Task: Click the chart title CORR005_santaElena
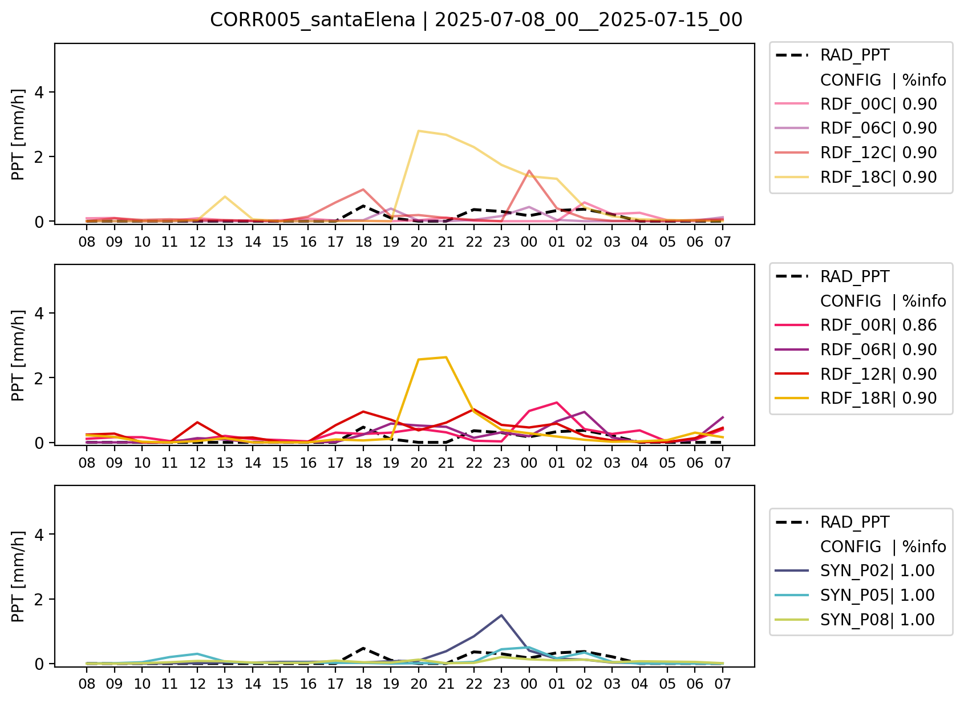point(313,20)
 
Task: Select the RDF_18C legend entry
point(856,177)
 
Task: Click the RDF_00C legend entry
point(856,104)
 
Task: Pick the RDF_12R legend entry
point(856,374)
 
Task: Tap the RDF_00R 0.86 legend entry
point(856,325)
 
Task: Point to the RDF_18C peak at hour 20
point(419,131)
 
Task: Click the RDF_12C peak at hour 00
point(529,171)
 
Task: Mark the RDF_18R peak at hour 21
point(446,357)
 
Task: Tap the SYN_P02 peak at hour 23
point(501,615)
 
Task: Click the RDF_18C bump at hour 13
point(225,196)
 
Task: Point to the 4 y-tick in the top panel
point(39,92)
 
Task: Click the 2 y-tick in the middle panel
point(39,378)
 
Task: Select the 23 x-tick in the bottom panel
point(501,684)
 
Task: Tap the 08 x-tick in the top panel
point(87,242)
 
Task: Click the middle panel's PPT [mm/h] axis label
point(18,355)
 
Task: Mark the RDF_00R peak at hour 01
point(557,403)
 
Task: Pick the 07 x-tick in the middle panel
point(723,463)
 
